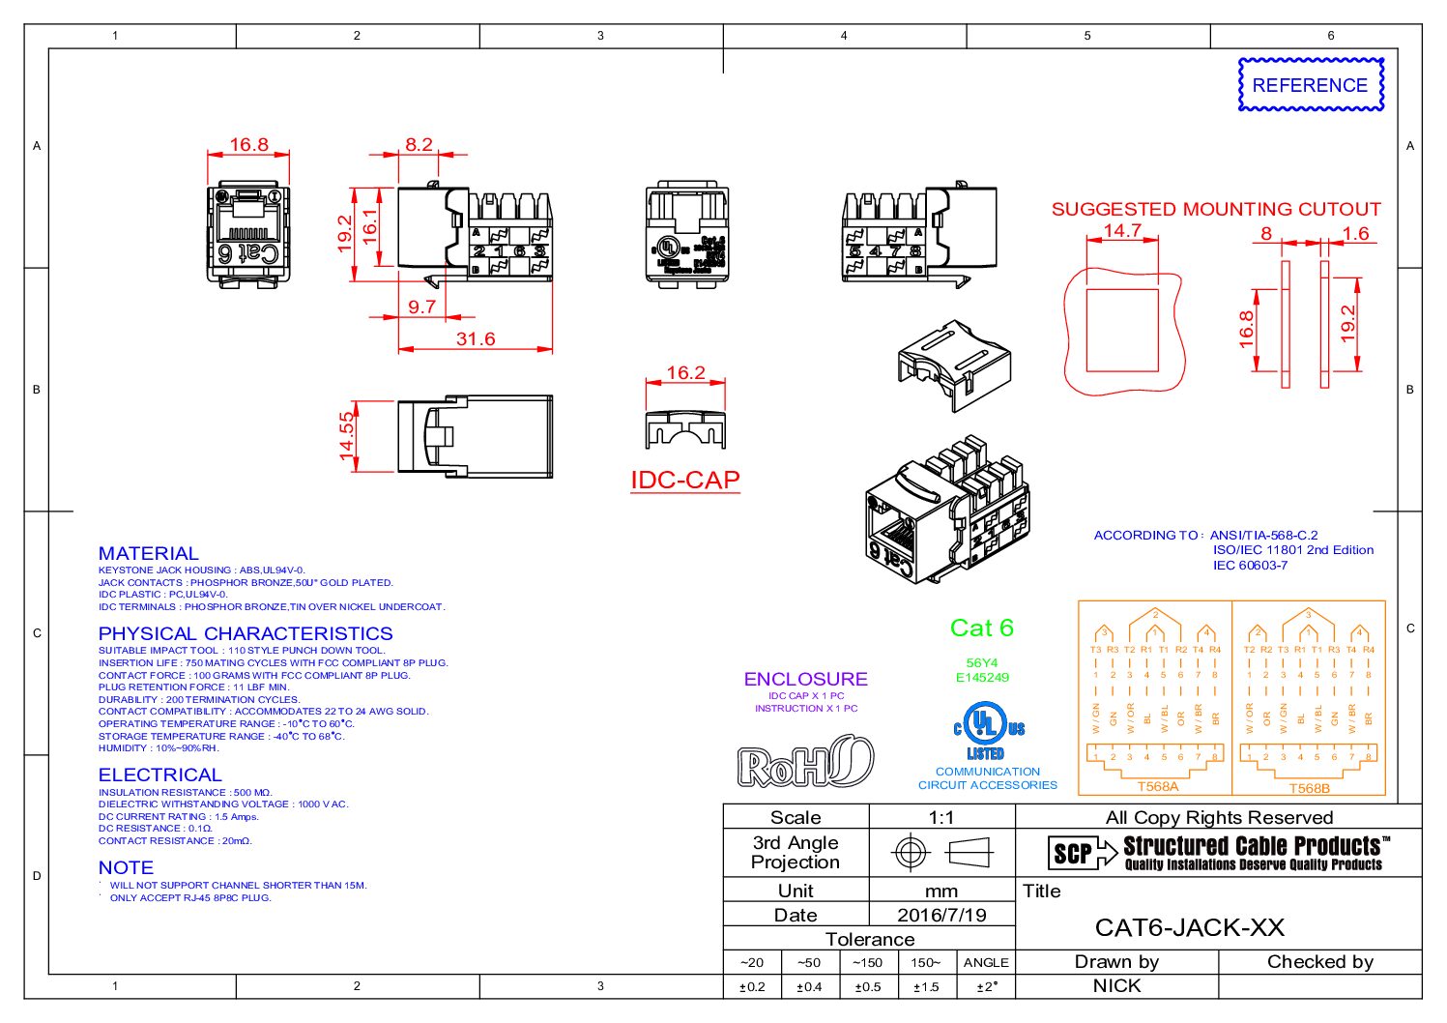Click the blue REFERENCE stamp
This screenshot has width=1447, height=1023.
coord(1310,85)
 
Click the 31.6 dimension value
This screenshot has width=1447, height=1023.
coord(476,339)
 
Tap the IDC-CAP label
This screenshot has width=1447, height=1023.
coord(684,481)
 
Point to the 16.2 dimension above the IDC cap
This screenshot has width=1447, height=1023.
coord(685,373)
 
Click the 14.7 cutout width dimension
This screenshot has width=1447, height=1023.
coord(1122,231)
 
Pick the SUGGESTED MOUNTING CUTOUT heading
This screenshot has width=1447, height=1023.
coord(1216,209)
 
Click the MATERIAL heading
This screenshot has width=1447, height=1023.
coord(148,553)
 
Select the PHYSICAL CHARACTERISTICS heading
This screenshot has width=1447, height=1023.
coord(246,633)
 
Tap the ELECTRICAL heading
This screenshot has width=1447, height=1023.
coord(159,775)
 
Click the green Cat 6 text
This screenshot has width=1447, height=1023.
coord(981,628)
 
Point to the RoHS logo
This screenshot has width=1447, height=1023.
coord(805,762)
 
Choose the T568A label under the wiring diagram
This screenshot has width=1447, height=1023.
coord(1157,787)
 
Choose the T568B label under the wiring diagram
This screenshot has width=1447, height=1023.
coord(1309,788)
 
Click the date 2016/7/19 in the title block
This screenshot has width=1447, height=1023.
coord(941,916)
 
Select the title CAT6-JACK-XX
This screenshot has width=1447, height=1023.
coord(1189,928)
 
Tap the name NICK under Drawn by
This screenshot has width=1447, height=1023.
coord(1116,986)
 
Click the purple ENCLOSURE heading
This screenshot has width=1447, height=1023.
coord(805,679)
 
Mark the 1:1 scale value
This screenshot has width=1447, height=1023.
coord(941,818)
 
